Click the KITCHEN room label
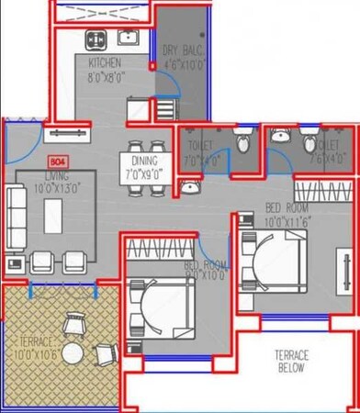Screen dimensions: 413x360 coord(106,62)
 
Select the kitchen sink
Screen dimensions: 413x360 coord(127,38)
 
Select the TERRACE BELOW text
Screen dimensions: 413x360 coord(293,361)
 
